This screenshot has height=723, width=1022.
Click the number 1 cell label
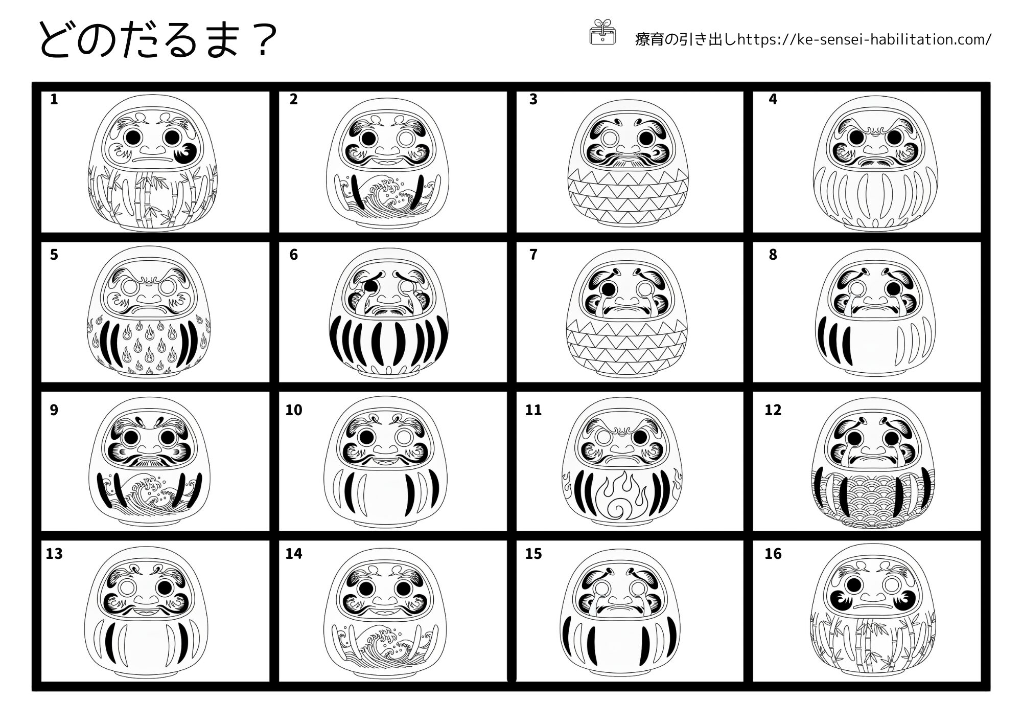click(x=54, y=99)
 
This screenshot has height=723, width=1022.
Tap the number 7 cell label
click(x=533, y=255)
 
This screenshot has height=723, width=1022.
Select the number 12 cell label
click(x=773, y=410)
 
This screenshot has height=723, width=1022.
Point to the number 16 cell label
click(x=773, y=554)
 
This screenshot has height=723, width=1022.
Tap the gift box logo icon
click(x=603, y=32)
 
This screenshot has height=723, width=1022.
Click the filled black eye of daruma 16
click(x=853, y=585)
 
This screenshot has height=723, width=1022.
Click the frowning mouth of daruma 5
click(x=149, y=310)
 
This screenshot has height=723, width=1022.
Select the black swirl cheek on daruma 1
click(x=187, y=153)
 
